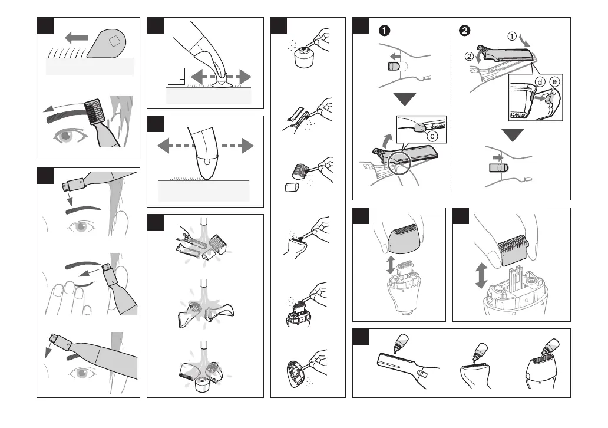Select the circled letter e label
point(554,81)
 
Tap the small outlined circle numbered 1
point(513,37)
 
